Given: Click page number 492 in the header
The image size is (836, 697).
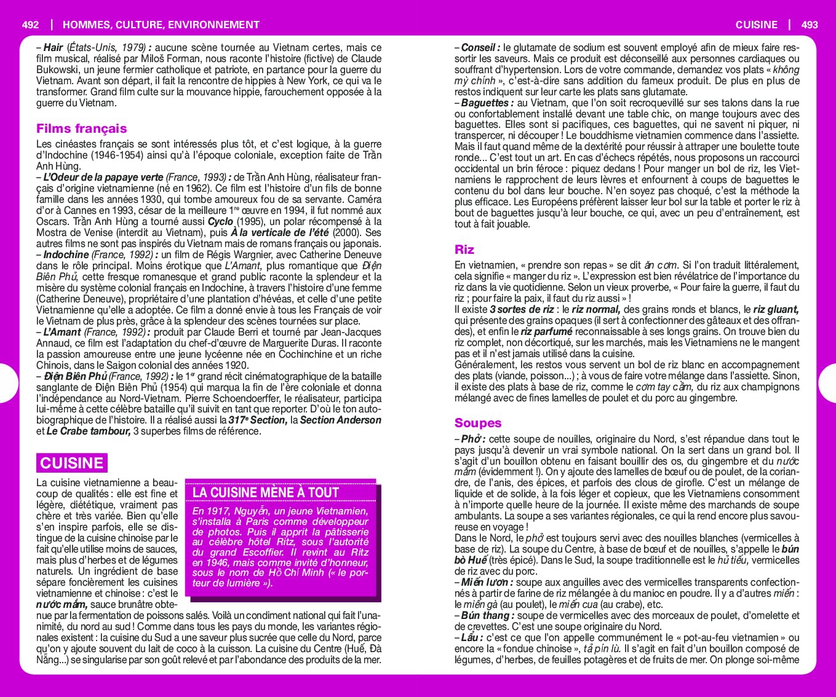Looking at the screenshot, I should click(x=30, y=25).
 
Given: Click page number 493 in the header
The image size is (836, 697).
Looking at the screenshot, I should click(x=810, y=25).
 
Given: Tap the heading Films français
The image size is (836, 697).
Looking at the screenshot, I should click(x=81, y=128).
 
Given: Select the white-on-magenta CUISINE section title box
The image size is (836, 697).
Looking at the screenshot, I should click(x=71, y=463).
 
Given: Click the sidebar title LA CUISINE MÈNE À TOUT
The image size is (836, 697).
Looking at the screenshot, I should click(x=266, y=492).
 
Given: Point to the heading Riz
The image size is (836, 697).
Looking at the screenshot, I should click(x=464, y=250).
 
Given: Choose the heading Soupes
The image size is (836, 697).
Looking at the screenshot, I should click(x=478, y=423).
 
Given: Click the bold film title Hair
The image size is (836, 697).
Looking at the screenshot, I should click(x=54, y=47).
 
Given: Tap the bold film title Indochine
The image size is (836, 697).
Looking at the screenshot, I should click(x=66, y=254).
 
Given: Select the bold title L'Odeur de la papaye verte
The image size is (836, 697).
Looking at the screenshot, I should click(x=103, y=177).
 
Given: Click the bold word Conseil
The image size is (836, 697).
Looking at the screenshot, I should click(x=479, y=47).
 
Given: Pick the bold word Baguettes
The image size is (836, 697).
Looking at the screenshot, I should click(x=484, y=103).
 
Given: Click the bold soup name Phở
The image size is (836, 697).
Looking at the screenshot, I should click(x=470, y=439).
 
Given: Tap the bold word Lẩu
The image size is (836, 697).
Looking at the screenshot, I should click(x=469, y=637).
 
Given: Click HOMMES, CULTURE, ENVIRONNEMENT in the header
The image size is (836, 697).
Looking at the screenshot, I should click(x=161, y=25).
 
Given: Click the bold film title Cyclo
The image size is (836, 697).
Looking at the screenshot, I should click(x=220, y=221).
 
